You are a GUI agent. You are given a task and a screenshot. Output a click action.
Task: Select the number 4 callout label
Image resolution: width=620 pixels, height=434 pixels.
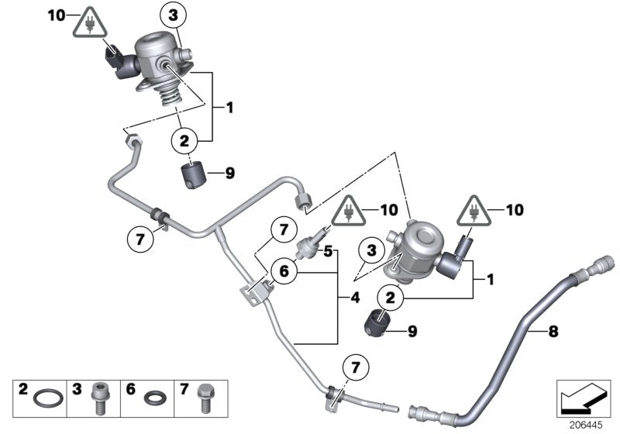(x=356, y=296)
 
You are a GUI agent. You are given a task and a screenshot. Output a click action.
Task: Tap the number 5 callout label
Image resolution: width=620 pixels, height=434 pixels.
(x=328, y=251)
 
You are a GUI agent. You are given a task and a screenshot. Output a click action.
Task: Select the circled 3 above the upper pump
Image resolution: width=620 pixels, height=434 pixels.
(x=174, y=15)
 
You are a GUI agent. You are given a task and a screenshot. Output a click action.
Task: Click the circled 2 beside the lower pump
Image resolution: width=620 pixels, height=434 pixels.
(x=390, y=297)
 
